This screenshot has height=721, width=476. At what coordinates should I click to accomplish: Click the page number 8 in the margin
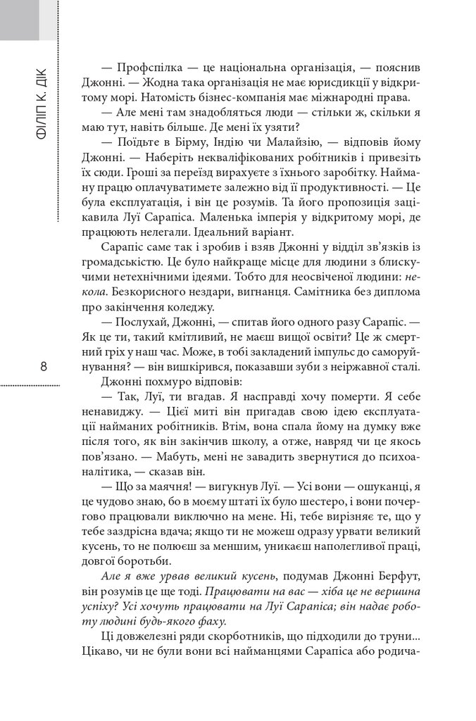[44, 367]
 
